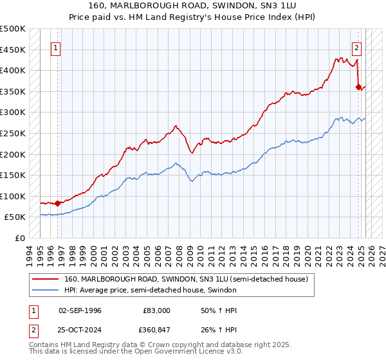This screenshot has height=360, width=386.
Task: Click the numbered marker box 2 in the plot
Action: pyautogui.click(x=356, y=47)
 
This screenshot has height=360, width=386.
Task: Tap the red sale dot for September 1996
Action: pyautogui.click(x=57, y=203)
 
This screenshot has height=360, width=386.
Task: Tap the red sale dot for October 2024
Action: pyautogui.click(x=358, y=86)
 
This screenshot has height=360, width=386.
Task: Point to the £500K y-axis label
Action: pyautogui.click(x=13, y=29)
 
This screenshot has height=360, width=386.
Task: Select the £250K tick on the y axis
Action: pyautogui.click(x=13, y=133)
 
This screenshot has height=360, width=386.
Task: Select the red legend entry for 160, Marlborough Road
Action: pyautogui.click(x=187, y=279)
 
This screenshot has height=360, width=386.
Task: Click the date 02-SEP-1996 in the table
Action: pyautogui.click(x=80, y=310)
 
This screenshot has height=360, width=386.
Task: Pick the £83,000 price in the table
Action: pyautogui.click(x=157, y=310)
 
